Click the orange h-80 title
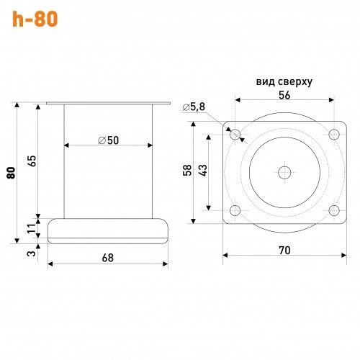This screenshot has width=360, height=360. [35, 19]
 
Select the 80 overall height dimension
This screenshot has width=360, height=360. [11, 173]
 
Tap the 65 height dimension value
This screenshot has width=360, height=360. [32, 161]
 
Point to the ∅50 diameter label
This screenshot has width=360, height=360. [109, 140]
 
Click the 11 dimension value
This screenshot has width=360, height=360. [32, 228]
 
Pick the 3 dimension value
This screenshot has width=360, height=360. [32, 253]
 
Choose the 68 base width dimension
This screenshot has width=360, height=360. [108, 258]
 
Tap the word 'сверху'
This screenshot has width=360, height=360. [295, 82]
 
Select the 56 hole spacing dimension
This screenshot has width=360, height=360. [284, 95]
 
